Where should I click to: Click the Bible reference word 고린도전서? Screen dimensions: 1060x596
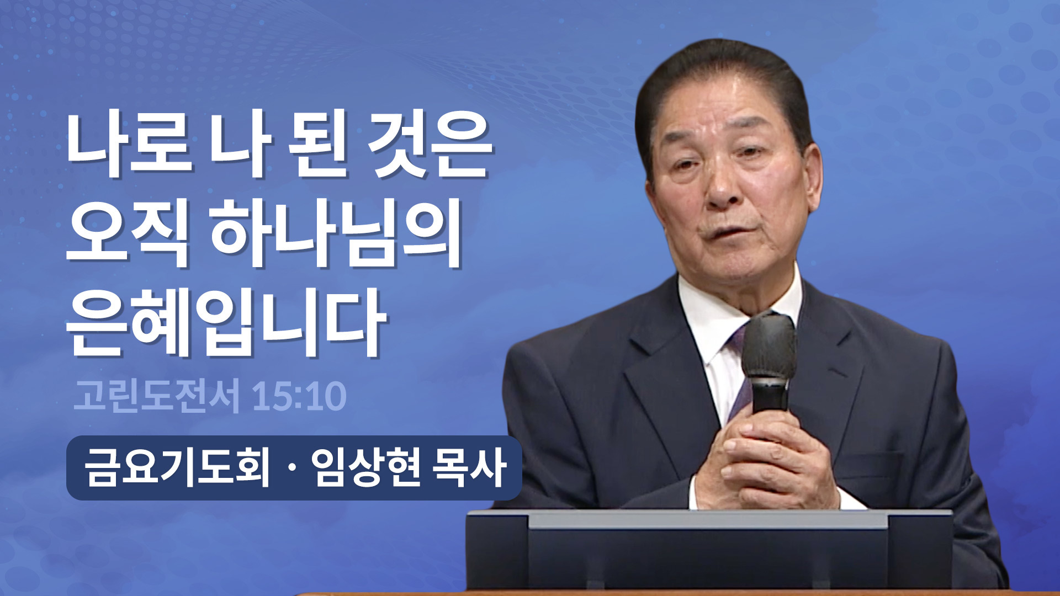tap(157, 396)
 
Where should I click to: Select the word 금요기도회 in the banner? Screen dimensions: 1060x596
tap(177, 468)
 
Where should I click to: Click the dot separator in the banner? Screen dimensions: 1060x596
tap(291, 469)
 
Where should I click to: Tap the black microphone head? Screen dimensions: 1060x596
tap(768, 345)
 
